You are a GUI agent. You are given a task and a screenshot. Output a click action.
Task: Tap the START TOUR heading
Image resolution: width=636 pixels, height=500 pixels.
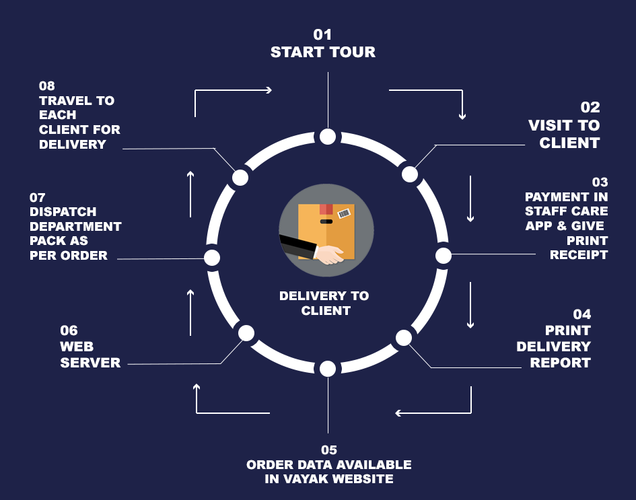(323, 52)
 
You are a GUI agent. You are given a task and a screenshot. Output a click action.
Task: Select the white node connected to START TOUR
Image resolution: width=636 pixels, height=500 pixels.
(328, 137)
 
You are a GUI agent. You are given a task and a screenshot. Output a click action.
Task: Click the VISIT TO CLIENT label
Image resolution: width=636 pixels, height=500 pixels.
(564, 134)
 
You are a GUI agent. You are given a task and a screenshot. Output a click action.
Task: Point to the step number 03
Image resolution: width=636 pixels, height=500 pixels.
(600, 182)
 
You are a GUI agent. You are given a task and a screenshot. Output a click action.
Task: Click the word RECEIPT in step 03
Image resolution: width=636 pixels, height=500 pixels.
(579, 254)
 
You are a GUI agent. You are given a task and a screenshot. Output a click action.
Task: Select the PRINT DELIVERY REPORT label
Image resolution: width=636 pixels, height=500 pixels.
(554, 347)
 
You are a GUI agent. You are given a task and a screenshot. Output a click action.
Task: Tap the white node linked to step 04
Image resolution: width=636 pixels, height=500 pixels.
(403, 338)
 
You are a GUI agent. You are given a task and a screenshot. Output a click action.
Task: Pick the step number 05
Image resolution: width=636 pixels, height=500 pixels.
(328, 450)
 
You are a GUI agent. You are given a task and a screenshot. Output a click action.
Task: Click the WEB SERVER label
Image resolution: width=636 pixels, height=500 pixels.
(90, 355)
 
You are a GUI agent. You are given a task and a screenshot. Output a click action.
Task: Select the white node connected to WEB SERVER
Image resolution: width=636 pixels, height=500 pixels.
(246, 332)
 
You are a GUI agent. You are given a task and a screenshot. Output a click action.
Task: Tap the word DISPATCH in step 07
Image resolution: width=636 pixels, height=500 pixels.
(63, 212)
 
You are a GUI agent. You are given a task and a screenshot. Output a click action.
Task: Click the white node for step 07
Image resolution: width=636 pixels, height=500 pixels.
(212, 257)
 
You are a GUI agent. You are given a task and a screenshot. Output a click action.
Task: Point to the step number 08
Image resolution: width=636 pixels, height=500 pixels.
(47, 86)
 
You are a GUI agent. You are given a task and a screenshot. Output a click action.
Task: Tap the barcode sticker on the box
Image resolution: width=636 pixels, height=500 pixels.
(344, 214)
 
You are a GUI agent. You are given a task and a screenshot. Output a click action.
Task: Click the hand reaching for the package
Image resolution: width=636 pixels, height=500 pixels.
(329, 254)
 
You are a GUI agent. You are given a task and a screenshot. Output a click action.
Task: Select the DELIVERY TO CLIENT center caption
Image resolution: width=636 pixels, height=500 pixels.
(324, 303)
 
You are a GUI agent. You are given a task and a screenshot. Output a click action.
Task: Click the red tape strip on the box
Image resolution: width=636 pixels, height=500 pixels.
(326, 209)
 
